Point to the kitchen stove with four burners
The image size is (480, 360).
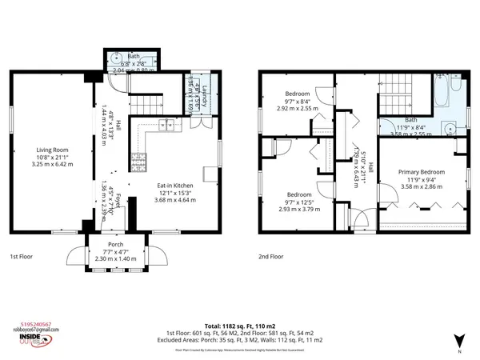coord(139,162)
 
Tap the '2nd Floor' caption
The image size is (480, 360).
coord(271,257)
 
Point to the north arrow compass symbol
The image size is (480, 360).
coord(458,341)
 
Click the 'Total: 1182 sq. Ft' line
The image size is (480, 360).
coord(239,326)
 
